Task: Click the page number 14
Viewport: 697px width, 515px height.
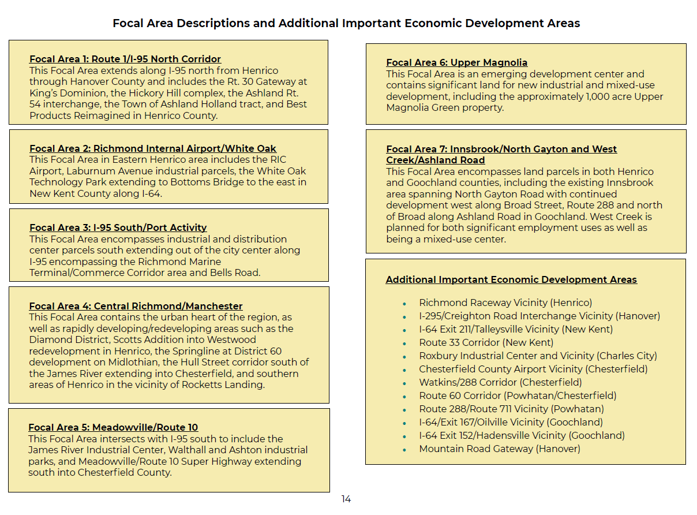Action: coord(346,499)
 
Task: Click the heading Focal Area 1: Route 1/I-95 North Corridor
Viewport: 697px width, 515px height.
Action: coord(125,59)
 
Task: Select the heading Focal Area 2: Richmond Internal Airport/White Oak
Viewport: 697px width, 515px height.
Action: coord(153,148)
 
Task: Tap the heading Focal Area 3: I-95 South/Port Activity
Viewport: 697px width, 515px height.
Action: coord(118,227)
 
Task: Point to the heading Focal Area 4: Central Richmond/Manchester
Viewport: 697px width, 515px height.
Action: coord(136,306)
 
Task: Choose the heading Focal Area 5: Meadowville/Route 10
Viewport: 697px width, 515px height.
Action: coord(113,427)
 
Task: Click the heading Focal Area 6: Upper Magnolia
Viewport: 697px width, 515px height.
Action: coord(456,62)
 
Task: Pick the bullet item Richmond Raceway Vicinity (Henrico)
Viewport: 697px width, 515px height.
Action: coord(505,303)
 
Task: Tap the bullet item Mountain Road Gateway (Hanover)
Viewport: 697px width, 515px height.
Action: coord(499,449)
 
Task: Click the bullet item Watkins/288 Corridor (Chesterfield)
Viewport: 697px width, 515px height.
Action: coord(500,382)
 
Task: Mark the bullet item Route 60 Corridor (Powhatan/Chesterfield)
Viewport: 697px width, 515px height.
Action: coord(518,395)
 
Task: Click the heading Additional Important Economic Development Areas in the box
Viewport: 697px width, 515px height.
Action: coord(511,279)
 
